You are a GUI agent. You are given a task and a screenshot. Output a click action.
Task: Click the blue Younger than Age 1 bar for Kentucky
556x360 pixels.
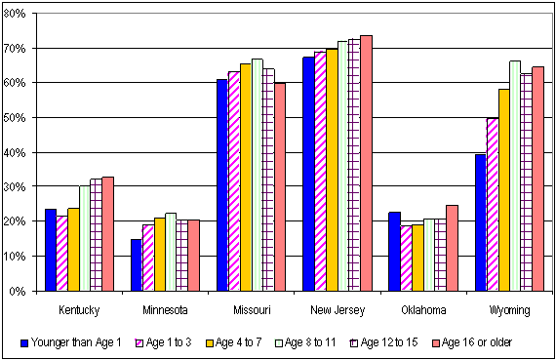pos(51,250)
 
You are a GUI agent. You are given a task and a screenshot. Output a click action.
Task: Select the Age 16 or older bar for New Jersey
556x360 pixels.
pos(366,163)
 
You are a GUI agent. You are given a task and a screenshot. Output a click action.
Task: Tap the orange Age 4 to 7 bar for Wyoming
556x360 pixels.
pos(503,190)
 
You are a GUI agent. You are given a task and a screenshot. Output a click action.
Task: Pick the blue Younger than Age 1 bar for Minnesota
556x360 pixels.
pos(137,264)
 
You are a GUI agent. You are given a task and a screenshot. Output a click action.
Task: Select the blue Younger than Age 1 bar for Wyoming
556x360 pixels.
pos(480,222)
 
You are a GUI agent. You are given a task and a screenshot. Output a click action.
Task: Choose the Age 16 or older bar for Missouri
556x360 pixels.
pos(280,187)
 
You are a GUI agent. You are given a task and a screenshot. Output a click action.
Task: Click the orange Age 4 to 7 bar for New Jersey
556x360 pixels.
pos(332,170)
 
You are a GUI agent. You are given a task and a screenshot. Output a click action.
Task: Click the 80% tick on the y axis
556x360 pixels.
pos(19,14)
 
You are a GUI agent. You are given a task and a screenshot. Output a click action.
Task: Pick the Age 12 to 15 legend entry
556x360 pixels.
pos(400,342)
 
